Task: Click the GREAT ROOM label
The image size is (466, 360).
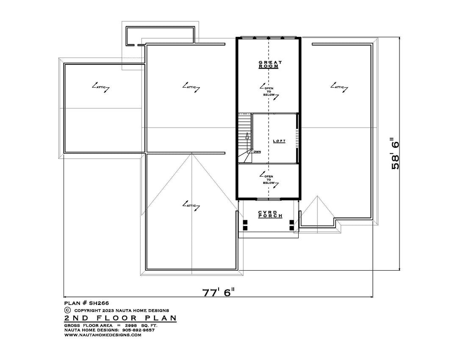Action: point(270,64)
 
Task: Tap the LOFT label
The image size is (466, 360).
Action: point(279,141)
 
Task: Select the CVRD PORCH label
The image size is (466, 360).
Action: point(270,214)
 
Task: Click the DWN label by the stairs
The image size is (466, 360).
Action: point(257,152)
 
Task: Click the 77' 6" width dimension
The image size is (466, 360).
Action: point(218,292)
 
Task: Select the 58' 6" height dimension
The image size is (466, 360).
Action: point(395,153)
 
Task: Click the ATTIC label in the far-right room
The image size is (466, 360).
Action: point(339,87)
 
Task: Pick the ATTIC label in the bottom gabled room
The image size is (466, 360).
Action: point(191,205)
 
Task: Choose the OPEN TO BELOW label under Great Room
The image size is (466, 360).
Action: point(269,91)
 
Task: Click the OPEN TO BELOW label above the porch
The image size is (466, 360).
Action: point(269,180)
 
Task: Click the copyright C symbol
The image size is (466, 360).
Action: point(67,310)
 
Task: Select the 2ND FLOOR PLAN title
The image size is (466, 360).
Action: point(120,318)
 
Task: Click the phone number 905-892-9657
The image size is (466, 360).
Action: point(138,330)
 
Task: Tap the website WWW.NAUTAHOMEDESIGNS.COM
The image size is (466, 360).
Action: point(103,335)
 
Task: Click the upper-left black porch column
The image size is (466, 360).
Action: point(245,222)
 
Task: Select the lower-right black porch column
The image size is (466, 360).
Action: point(292,228)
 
